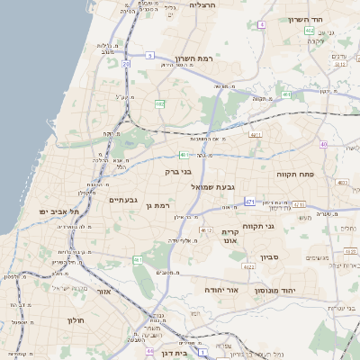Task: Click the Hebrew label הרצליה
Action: [204, 5]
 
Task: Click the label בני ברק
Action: [178, 171]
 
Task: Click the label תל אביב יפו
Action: [59, 211]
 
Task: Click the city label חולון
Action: [75, 319]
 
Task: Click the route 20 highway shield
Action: [126, 65]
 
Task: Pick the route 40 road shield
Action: [323, 144]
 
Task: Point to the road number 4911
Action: [256, 135]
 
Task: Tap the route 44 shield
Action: [149, 351]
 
